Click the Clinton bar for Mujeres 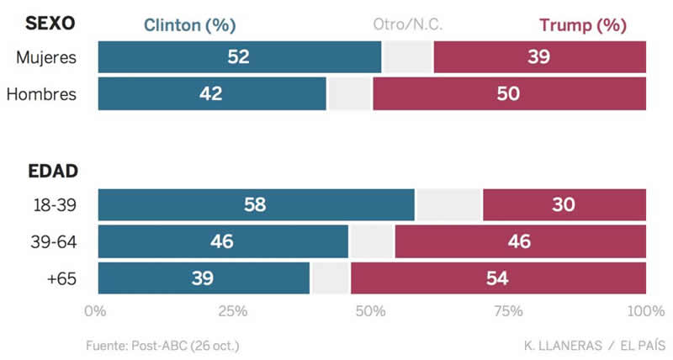pos(240,57)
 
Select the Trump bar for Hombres pos(509,93)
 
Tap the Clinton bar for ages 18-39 pos(257,205)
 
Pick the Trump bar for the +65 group pos(498,278)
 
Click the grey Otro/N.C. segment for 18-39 pos(449,205)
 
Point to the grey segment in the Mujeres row pos(408,57)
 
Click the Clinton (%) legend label pos(189,25)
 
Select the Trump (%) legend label pos(583,25)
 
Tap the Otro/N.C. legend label pos(408,25)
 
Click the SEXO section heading pos(50,24)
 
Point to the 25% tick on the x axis pos(233,311)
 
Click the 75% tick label pos(508,311)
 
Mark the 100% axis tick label pos(646,311)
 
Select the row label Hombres pos(41,93)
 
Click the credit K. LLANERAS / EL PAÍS pos(594,346)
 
